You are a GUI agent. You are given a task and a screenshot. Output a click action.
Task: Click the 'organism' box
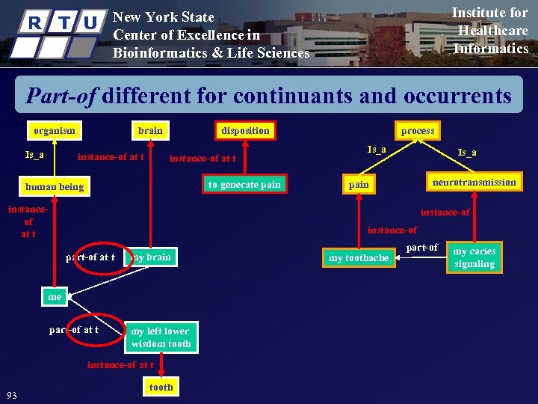(54, 130)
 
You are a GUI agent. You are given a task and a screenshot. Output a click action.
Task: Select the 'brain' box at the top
(150, 130)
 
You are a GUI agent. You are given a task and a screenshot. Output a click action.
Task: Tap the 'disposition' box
(245, 130)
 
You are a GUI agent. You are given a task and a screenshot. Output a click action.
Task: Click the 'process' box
(418, 130)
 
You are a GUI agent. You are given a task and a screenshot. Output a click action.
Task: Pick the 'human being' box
(54, 186)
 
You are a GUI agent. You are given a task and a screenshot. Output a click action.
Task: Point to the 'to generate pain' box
(244, 185)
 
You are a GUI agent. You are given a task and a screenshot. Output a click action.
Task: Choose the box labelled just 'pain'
(359, 184)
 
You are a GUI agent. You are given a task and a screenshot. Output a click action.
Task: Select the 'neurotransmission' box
(474, 182)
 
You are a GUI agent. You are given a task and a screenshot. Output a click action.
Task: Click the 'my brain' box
(150, 257)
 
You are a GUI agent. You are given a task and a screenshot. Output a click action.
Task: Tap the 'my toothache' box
(359, 258)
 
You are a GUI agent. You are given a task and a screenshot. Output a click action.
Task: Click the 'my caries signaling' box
(474, 257)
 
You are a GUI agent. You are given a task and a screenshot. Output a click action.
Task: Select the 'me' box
(55, 297)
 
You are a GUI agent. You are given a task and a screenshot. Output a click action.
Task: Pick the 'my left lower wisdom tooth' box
(161, 337)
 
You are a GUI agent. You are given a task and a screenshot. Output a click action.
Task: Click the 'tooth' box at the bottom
(161, 387)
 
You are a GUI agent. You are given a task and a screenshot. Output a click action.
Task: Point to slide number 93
(11, 394)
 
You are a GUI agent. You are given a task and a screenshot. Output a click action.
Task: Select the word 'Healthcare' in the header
(492, 31)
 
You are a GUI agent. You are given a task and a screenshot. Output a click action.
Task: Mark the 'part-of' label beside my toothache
(421, 248)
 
